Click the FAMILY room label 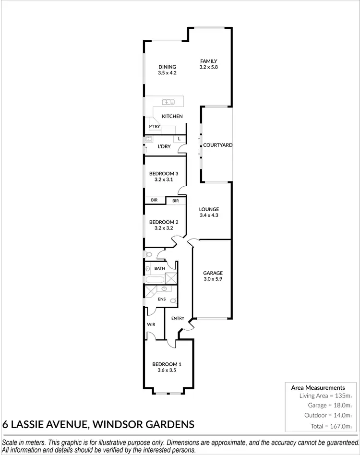click(x=209, y=61)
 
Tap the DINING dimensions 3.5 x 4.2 click(x=168, y=73)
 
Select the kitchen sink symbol click(x=168, y=101)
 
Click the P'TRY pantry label click(x=154, y=127)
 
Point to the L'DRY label click(x=164, y=146)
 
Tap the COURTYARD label click(x=217, y=145)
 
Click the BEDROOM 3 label click(x=164, y=174)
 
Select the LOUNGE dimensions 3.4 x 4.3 click(x=209, y=216)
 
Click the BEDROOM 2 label click(x=164, y=222)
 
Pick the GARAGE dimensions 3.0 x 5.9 click(x=213, y=279)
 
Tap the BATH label click(x=159, y=268)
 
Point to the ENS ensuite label click(x=162, y=299)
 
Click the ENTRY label click(x=178, y=318)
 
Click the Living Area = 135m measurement click(x=325, y=396)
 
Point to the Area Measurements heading click(x=318, y=387)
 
